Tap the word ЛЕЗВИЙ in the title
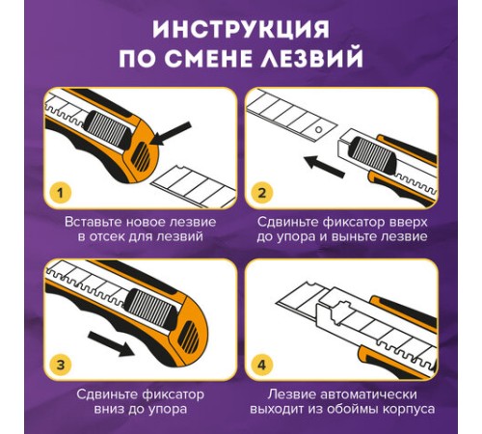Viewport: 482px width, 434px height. pyautogui.click(x=312, y=59)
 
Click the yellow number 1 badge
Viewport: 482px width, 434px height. pyautogui.click(x=60, y=194)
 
